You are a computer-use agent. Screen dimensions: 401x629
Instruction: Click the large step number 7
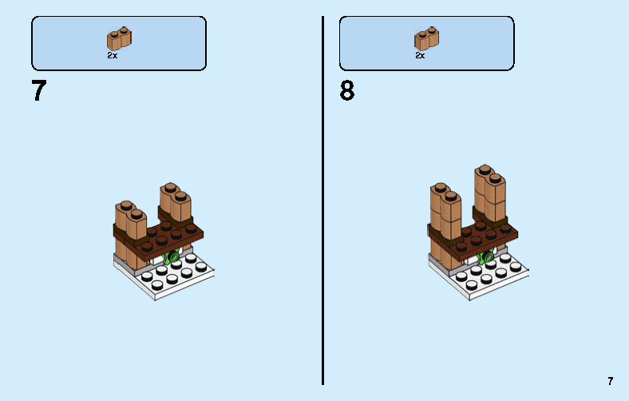click(39, 91)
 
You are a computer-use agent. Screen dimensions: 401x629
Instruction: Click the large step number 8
click(346, 91)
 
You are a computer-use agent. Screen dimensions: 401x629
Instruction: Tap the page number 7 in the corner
click(611, 382)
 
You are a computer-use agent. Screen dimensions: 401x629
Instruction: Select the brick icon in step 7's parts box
click(119, 39)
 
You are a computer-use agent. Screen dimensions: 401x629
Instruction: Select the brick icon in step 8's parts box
click(427, 39)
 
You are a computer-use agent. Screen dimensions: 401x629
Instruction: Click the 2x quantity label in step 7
click(112, 56)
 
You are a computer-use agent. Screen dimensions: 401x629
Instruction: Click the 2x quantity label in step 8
click(420, 56)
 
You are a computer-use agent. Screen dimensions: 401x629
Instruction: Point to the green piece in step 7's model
click(169, 258)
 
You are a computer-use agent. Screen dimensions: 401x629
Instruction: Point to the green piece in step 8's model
click(484, 258)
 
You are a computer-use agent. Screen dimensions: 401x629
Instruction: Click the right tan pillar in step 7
click(176, 202)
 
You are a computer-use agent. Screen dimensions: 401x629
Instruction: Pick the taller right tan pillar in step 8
click(489, 192)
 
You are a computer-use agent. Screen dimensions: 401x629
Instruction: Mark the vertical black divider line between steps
click(323, 200)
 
